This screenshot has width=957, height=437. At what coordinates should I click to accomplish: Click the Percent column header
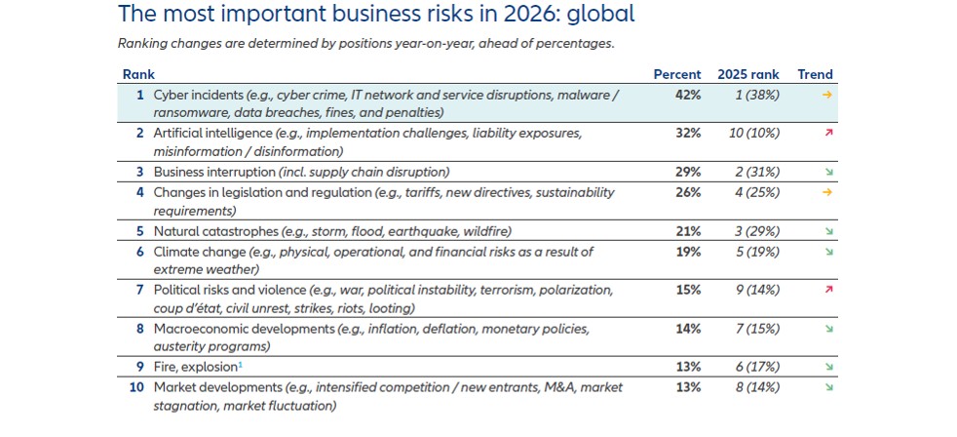point(676,75)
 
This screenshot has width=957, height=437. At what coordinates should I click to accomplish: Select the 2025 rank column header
point(748,75)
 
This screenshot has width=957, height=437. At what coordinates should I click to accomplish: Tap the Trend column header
point(815,75)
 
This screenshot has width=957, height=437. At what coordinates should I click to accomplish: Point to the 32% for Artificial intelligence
point(688,134)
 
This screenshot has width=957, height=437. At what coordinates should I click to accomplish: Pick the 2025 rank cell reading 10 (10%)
point(756,134)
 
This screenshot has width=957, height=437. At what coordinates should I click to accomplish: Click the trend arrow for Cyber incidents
point(826,96)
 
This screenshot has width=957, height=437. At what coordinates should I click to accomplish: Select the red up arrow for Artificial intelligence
point(826,134)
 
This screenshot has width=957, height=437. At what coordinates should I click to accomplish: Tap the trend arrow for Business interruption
point(826,173)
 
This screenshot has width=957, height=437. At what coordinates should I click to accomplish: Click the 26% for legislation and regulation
point(688,193)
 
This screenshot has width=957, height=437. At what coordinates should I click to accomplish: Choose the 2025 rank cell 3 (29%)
point(756,232)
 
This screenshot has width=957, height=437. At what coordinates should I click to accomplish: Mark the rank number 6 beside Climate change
point(140,252)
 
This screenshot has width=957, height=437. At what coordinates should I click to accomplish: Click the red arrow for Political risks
point(826,291)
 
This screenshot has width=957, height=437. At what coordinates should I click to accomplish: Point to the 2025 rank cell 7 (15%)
point(756,329)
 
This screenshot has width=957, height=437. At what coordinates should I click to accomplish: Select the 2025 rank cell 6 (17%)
point(756,368)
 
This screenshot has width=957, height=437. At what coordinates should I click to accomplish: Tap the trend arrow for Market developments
point(826,388)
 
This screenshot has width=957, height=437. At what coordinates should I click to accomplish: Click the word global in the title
point(595,15)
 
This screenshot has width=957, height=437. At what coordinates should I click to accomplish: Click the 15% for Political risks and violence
point(688,291)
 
